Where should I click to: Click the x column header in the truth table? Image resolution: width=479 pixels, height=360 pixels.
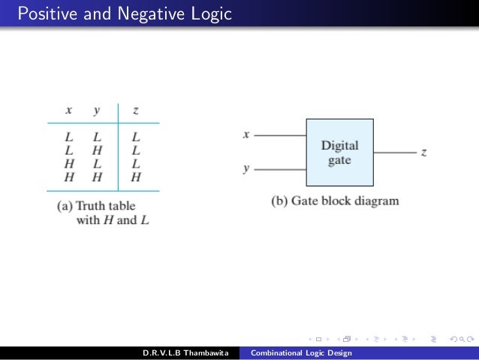coord(68,110)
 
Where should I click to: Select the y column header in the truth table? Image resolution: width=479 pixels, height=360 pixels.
coord(97,110)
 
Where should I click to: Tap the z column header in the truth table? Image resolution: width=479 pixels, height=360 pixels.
coord(135,110)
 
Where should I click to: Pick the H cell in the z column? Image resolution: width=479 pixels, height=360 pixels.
coord(135,178)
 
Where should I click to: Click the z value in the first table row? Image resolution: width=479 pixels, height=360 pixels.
coord(135,138)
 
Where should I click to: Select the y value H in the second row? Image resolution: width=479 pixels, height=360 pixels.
coord(97,151)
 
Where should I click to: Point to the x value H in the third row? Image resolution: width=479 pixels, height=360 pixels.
coord(68,165)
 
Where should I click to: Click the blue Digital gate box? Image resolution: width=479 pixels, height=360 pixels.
coord(339,153)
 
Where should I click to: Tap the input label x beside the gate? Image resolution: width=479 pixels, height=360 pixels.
coord(246,135)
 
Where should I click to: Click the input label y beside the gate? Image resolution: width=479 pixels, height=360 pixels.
coord(246,169)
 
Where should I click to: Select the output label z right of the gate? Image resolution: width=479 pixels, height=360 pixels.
coord(424,153)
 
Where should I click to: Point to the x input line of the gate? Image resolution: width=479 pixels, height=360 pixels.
coord(279,135)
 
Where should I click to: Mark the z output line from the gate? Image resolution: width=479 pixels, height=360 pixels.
coord(394,153)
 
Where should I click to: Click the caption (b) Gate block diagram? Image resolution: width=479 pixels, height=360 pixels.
coord(335,201)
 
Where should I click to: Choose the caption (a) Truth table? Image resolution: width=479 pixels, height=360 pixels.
coord(97,205)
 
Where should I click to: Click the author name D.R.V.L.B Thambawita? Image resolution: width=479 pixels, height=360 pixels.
coord(185,353)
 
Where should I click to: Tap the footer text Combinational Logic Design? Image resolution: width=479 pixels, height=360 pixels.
coord(301,353)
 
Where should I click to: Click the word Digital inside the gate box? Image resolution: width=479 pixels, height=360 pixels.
coord(339,146)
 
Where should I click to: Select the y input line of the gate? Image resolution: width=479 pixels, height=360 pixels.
coord(279,170)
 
